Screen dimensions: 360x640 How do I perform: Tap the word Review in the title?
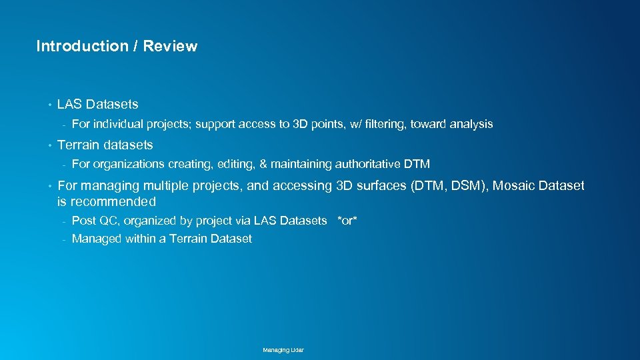(x=170, y=46)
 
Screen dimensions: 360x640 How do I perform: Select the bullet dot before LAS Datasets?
(x=49, y=105)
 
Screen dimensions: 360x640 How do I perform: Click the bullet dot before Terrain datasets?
(x=49, y=145)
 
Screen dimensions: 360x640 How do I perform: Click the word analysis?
(x=471, y=124)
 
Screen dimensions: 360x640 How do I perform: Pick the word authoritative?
(x=367, y=164)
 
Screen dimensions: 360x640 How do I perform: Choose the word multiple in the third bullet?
(x=170, y=186)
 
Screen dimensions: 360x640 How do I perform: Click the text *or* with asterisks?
(x=347, y=221)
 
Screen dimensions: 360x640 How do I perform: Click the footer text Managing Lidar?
(x=283, y=350)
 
